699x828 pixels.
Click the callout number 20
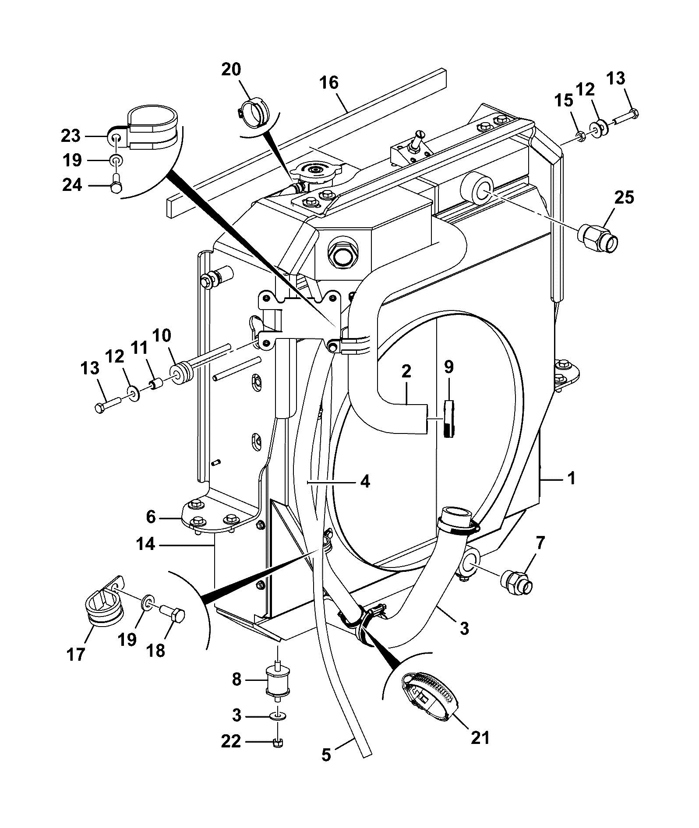pyautogui.click(x=231, y=70)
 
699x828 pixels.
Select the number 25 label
pyautogui.click(x=624, y=197)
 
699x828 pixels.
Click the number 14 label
pyautogui.click(x=145, y=544)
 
